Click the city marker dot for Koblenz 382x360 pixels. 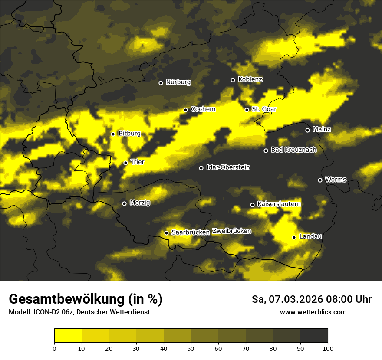[233, 80]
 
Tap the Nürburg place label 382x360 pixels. [178, 82]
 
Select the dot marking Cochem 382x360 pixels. [185, 110]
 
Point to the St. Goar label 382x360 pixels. [264, 109]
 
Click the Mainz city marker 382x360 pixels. [307, 130]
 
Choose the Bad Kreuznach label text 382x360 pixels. [293, 150]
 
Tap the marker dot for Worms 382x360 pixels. [320, 180]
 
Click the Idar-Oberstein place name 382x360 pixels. [228, 167]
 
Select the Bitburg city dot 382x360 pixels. [113, 134]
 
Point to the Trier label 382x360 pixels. [137, 162]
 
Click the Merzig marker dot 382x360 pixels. [124, 203]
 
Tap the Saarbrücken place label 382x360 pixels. [191, 232]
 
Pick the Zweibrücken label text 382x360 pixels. [231, 231]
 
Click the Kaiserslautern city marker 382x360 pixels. [252, 205]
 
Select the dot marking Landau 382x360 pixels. [294, 237]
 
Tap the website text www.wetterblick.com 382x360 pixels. [313, 312]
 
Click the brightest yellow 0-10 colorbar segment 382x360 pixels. [68, 335]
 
